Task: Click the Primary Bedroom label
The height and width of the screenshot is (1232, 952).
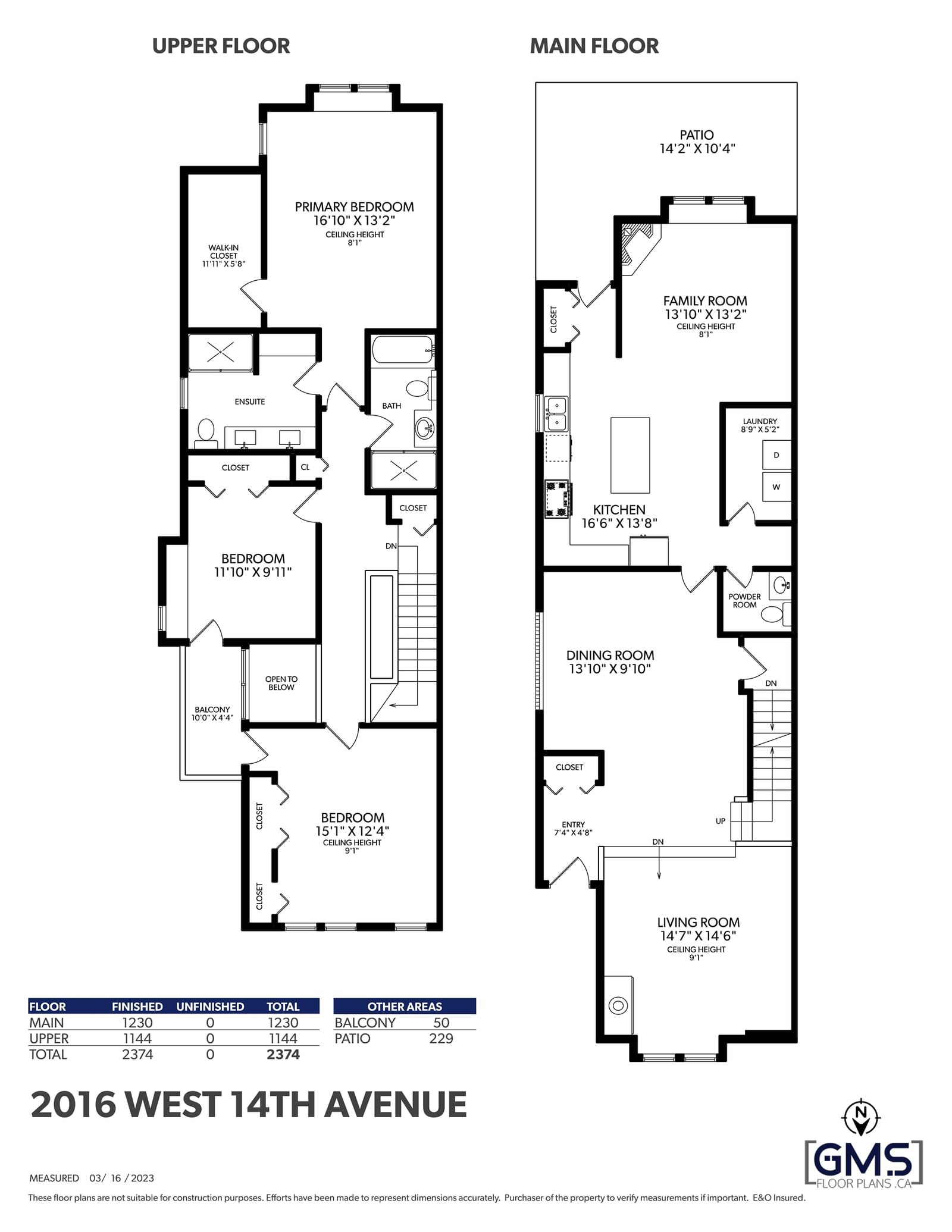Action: pyautogui.click(x=354, y=207)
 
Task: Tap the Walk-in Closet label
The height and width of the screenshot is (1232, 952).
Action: pyautogui.click(x=224, y=256)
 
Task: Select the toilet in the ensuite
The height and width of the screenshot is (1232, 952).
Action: pyautogui.click(x=206, y=432)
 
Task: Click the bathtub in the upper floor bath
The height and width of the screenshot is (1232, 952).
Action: pyautogui.click(x=402, y=350)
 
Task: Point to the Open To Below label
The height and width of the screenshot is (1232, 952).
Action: pyautogui.click(x=281, y=683)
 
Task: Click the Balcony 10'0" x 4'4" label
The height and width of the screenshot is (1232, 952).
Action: pyautogui.click(x=212, y=713)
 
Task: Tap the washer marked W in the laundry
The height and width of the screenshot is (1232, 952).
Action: pyautogui.click(x=776, y=487)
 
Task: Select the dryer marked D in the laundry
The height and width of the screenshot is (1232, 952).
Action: pyautogui.click(x=776, y=455)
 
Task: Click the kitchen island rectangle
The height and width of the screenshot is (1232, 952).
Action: pyautogui.click(x=630, y=455)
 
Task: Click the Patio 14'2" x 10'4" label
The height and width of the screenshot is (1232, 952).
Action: pyautogui.click(x=697, y=142)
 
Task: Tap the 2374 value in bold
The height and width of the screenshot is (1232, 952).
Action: pyautogui.click(x=283, y=1055)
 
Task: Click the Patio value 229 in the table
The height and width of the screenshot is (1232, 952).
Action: pyautogui.click(x=441, y=1039)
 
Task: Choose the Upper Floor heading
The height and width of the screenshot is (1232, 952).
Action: pyautogui.click(x=221, y=46)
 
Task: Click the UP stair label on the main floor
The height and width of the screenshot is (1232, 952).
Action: pyautogui.click(x=721, y=821)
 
